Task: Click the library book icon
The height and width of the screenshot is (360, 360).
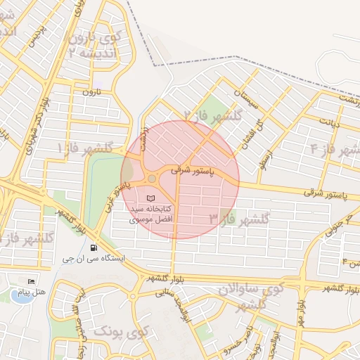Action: click(152, 198)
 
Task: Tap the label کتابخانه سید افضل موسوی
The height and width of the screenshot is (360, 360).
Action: click(151, 214)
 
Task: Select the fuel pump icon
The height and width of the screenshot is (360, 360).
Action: click(94, 247)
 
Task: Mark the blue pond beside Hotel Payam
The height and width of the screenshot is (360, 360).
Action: click(15, 296)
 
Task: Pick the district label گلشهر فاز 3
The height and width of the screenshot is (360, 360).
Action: click(238, 220)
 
